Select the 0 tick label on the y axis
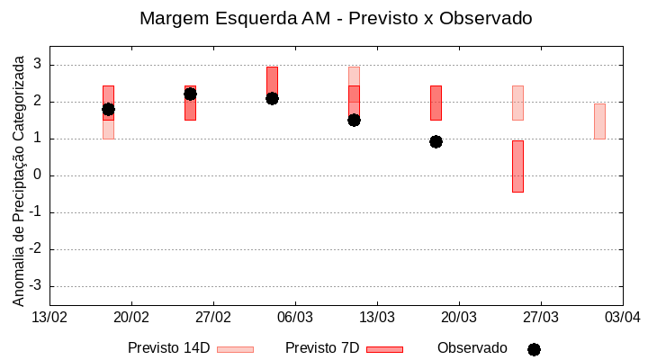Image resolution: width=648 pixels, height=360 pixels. click(x=38, y=175)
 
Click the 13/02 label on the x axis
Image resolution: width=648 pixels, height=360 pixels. click(x=49, y=318)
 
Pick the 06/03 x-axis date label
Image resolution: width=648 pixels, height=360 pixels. click(x=295, y=318)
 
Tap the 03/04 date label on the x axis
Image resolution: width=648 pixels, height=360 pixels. click(x=622, y=318)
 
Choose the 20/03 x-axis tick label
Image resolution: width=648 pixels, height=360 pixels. click(x=459, y=318)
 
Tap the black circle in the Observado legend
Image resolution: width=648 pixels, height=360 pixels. click(x=534, y=349)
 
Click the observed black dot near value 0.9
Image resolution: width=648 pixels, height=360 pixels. click(x=436, y=141)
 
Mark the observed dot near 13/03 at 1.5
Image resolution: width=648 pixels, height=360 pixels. click(x=354, y=120)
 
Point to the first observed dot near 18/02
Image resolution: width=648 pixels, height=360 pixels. click(x=108, y=109)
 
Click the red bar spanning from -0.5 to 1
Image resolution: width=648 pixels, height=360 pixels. click(x=517, y=166)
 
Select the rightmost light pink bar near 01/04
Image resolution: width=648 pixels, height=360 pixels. click(x=599, y=121)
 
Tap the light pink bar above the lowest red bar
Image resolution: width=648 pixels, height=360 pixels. click(x=517, y=103)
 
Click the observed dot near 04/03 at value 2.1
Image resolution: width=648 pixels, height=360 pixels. click(x=272, y=98)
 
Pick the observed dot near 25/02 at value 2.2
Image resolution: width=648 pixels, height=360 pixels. click(x=190, y=94)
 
